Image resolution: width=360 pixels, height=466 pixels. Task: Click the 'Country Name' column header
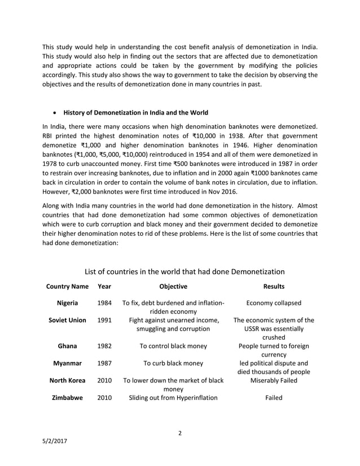pos(67,286)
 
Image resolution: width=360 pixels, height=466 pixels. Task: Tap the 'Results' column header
pos(274,286)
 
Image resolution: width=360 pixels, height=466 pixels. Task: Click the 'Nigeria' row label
pos(67,302)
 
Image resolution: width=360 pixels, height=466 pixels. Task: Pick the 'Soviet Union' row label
pos(67,320)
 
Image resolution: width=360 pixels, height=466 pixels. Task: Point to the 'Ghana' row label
pos(67,346)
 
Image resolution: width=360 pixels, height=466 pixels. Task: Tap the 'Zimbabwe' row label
pos(67,397)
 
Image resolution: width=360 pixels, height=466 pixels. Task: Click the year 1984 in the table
pos(104,302)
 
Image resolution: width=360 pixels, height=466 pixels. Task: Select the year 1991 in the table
pos(104,320)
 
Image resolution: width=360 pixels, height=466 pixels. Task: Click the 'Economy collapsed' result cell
pos(274,302)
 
